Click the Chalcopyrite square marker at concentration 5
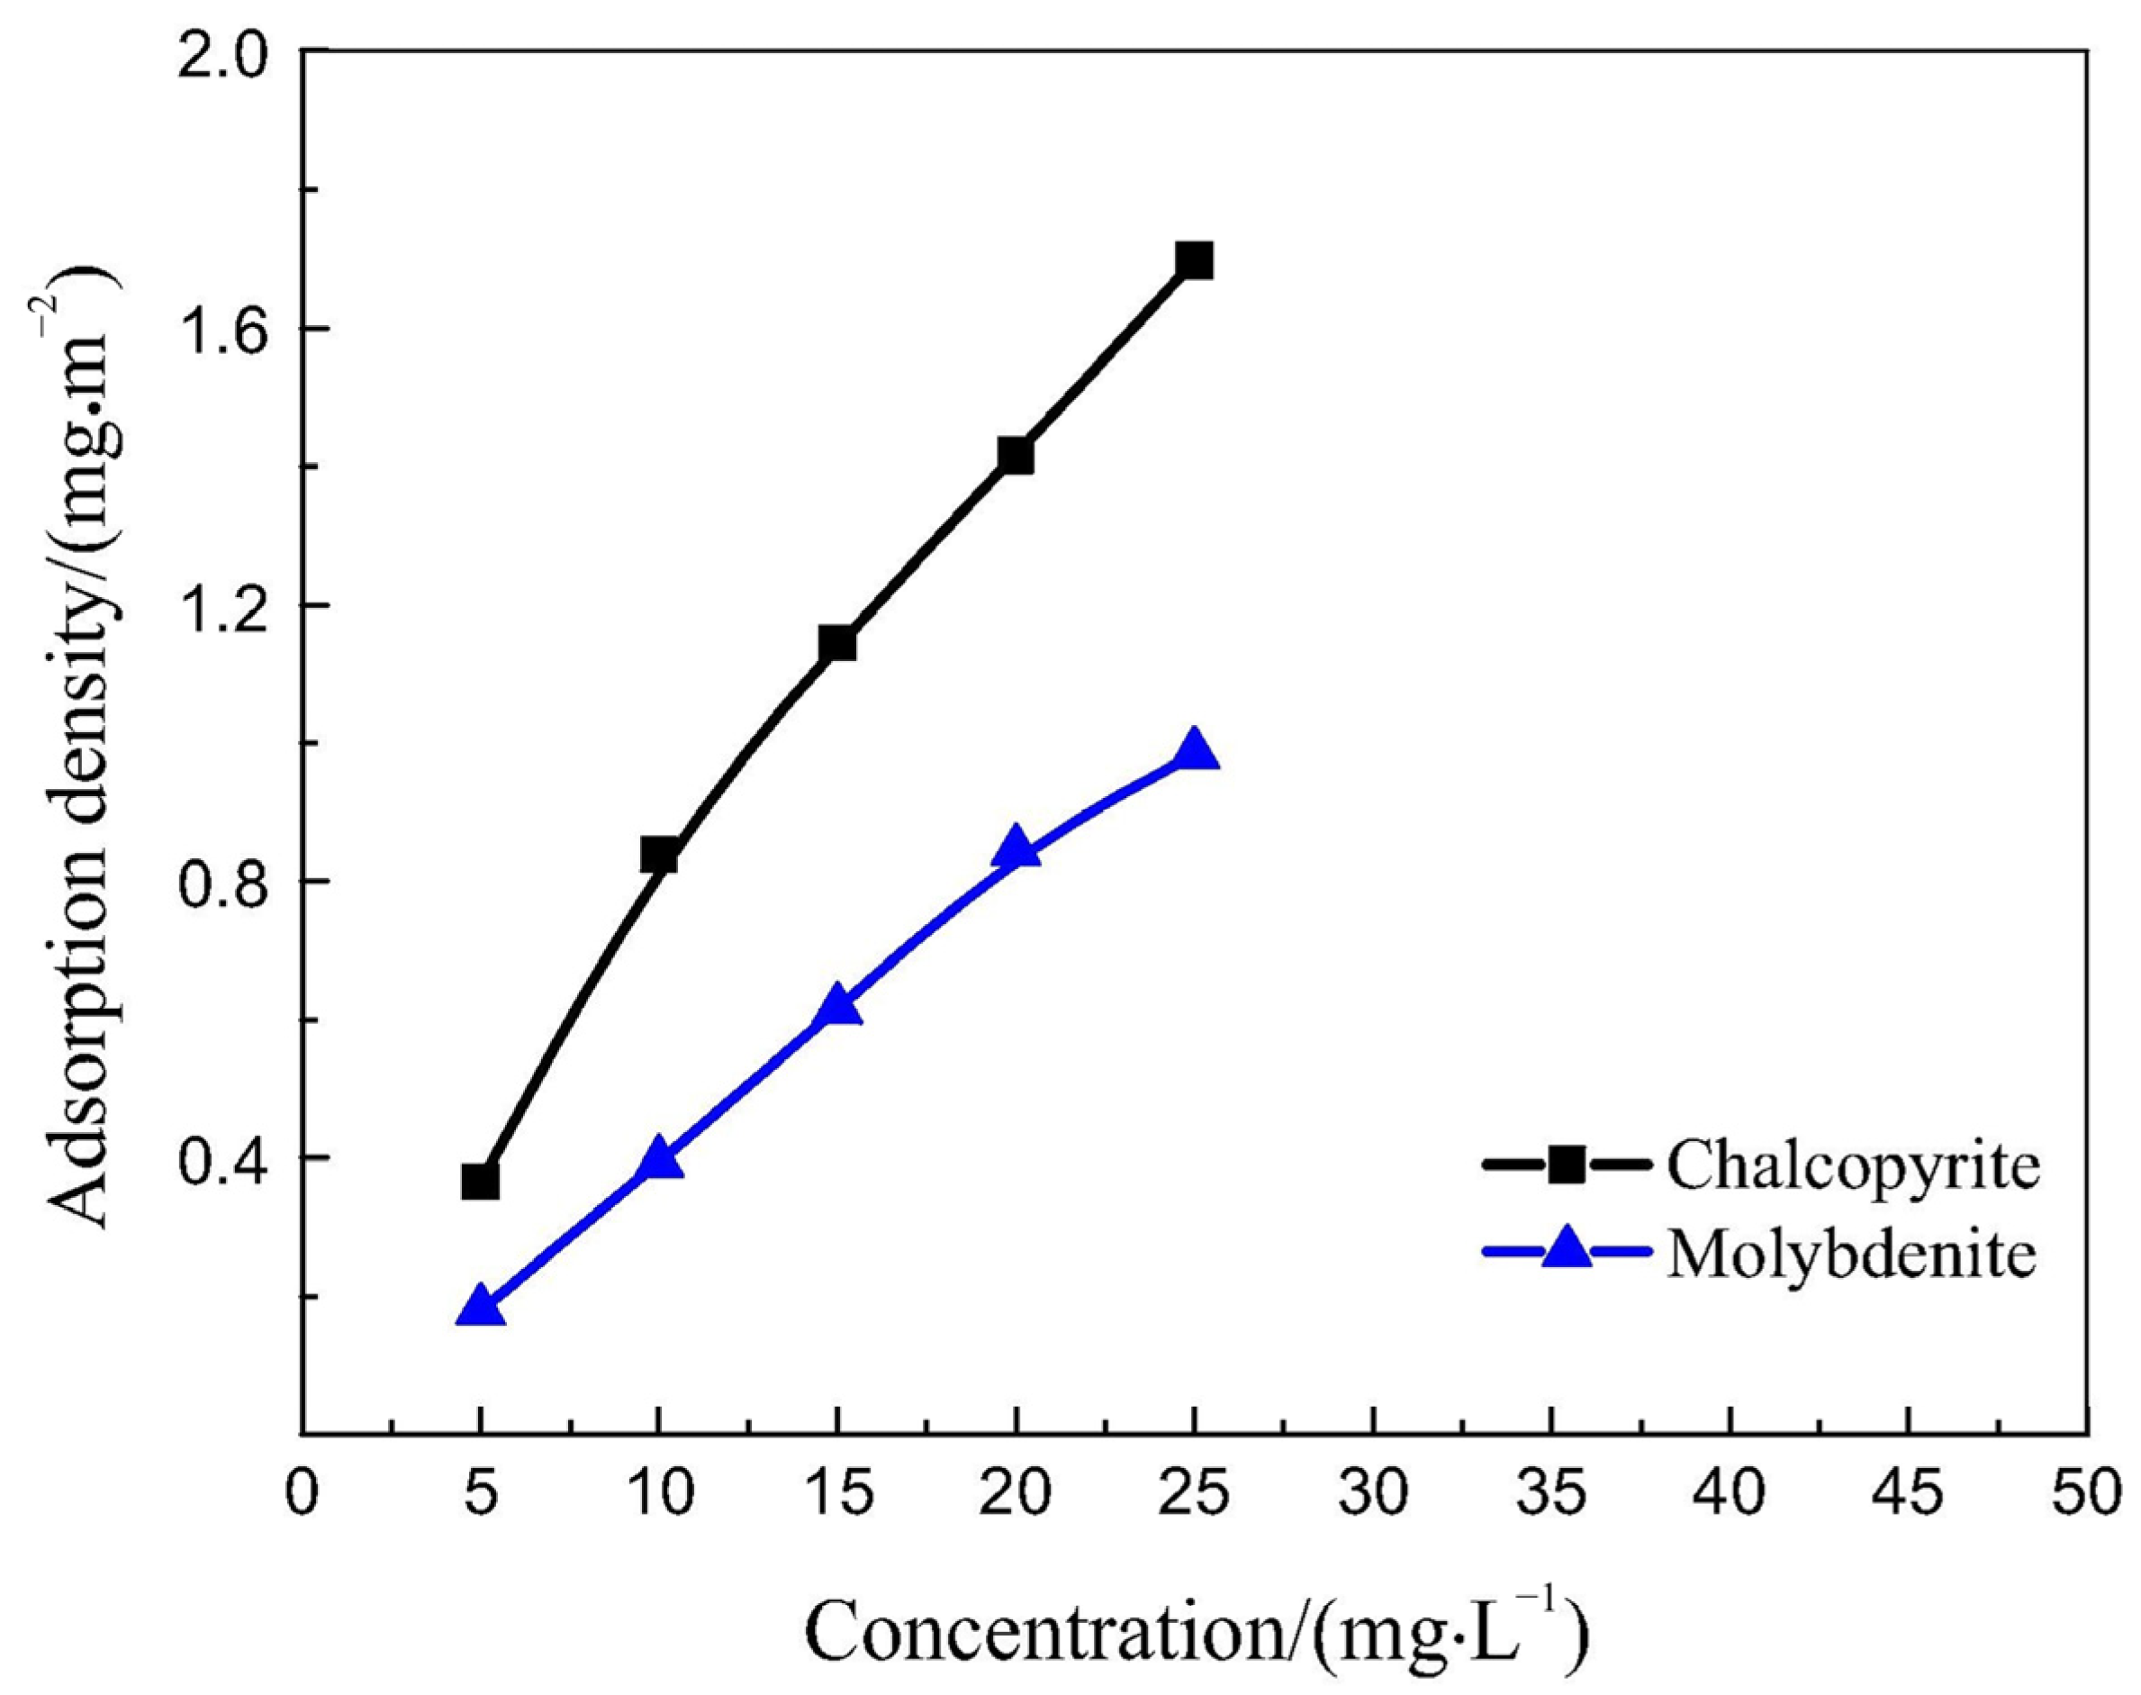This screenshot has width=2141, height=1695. [x=480, y=1182]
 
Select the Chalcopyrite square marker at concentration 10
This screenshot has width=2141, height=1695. [x=659, y=855]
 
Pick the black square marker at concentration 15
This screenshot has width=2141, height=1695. [x=837, y=643]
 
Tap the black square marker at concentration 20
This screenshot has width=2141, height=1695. [x=1016, y=456]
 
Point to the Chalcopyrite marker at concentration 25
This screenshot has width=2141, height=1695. [x=1195, y=261]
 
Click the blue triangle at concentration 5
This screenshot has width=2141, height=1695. [x=480, y=1307]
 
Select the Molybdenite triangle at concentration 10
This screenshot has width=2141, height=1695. [x=659, y=1160]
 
